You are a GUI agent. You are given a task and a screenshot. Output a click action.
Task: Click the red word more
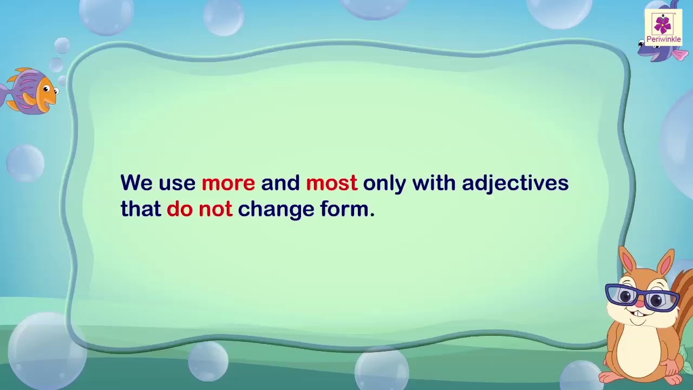tap(228, 183)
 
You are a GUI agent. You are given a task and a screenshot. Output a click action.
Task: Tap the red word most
tap(331, 183)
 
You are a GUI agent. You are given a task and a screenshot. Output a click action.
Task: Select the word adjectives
tap(515, 184)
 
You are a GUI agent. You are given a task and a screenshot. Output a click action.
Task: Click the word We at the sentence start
tap(136, 183)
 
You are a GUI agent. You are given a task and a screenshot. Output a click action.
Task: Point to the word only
tap(384, 184)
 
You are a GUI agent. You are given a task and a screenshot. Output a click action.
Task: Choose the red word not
tap(215, 209)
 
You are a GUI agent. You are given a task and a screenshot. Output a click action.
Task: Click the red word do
tap(180, 209)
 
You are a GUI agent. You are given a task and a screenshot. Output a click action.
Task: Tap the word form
tap(344, 209)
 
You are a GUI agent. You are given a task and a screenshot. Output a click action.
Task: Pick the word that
tap(141, 209)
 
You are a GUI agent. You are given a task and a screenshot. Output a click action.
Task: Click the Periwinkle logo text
tap(663, 39)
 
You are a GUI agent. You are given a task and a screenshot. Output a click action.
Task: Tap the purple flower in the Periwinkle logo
tap(663, 24)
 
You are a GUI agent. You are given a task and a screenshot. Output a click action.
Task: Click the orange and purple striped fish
tap(31, 91)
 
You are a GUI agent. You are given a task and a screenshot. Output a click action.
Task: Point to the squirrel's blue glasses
tap(641, 296)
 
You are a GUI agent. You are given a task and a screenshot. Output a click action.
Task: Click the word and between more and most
tap(280, 183)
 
